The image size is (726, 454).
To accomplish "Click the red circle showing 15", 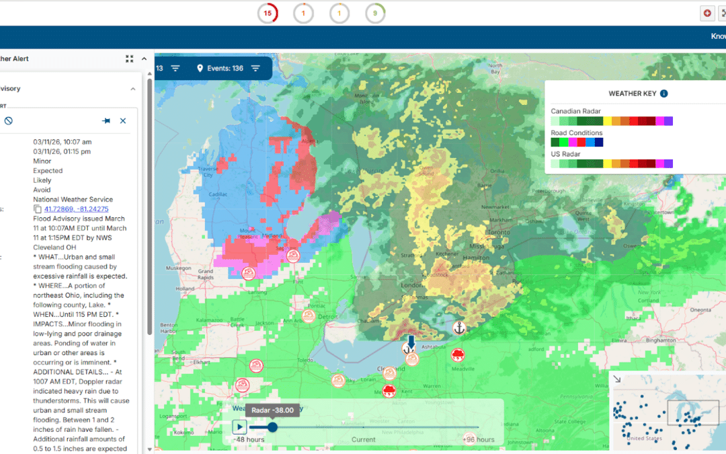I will pos(268,13).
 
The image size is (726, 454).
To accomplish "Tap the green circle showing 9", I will pos(375,13).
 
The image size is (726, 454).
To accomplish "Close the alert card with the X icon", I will pos(123,121).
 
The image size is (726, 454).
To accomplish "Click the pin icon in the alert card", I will pos(106,121).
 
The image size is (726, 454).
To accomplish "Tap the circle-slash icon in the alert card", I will pos(8,121).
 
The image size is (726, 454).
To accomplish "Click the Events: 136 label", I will pos(225,68).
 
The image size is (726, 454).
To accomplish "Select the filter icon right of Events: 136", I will pos(255,68).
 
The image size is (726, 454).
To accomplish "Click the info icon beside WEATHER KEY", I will pos(664,93).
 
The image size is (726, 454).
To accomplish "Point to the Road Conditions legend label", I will pos(577,133).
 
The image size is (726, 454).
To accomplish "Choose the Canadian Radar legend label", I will pos(575,112).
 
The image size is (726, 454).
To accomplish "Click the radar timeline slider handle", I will pos(272,426).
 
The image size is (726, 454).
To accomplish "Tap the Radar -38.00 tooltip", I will pos(272,411).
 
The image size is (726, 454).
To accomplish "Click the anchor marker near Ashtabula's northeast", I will pos(459,328).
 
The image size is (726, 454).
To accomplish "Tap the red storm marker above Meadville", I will pos(458,354).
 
